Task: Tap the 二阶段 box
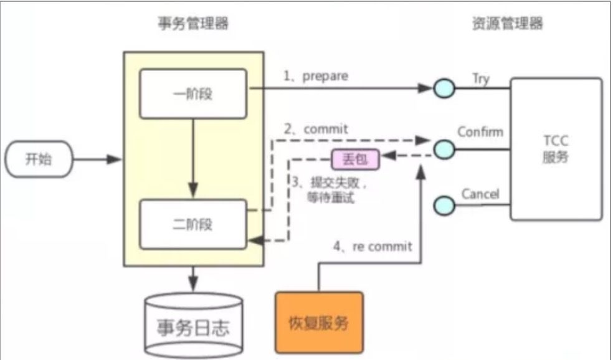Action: point(193,222)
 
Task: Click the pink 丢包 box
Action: point(355,159)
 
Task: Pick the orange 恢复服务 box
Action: point(318,323)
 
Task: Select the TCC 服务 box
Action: point(556,149)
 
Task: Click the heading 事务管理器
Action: point(192,24)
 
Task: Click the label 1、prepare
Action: point(316,77)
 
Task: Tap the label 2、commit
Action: point(315,130)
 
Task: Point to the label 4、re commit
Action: point(373,247)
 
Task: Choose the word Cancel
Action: point(480,194)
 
